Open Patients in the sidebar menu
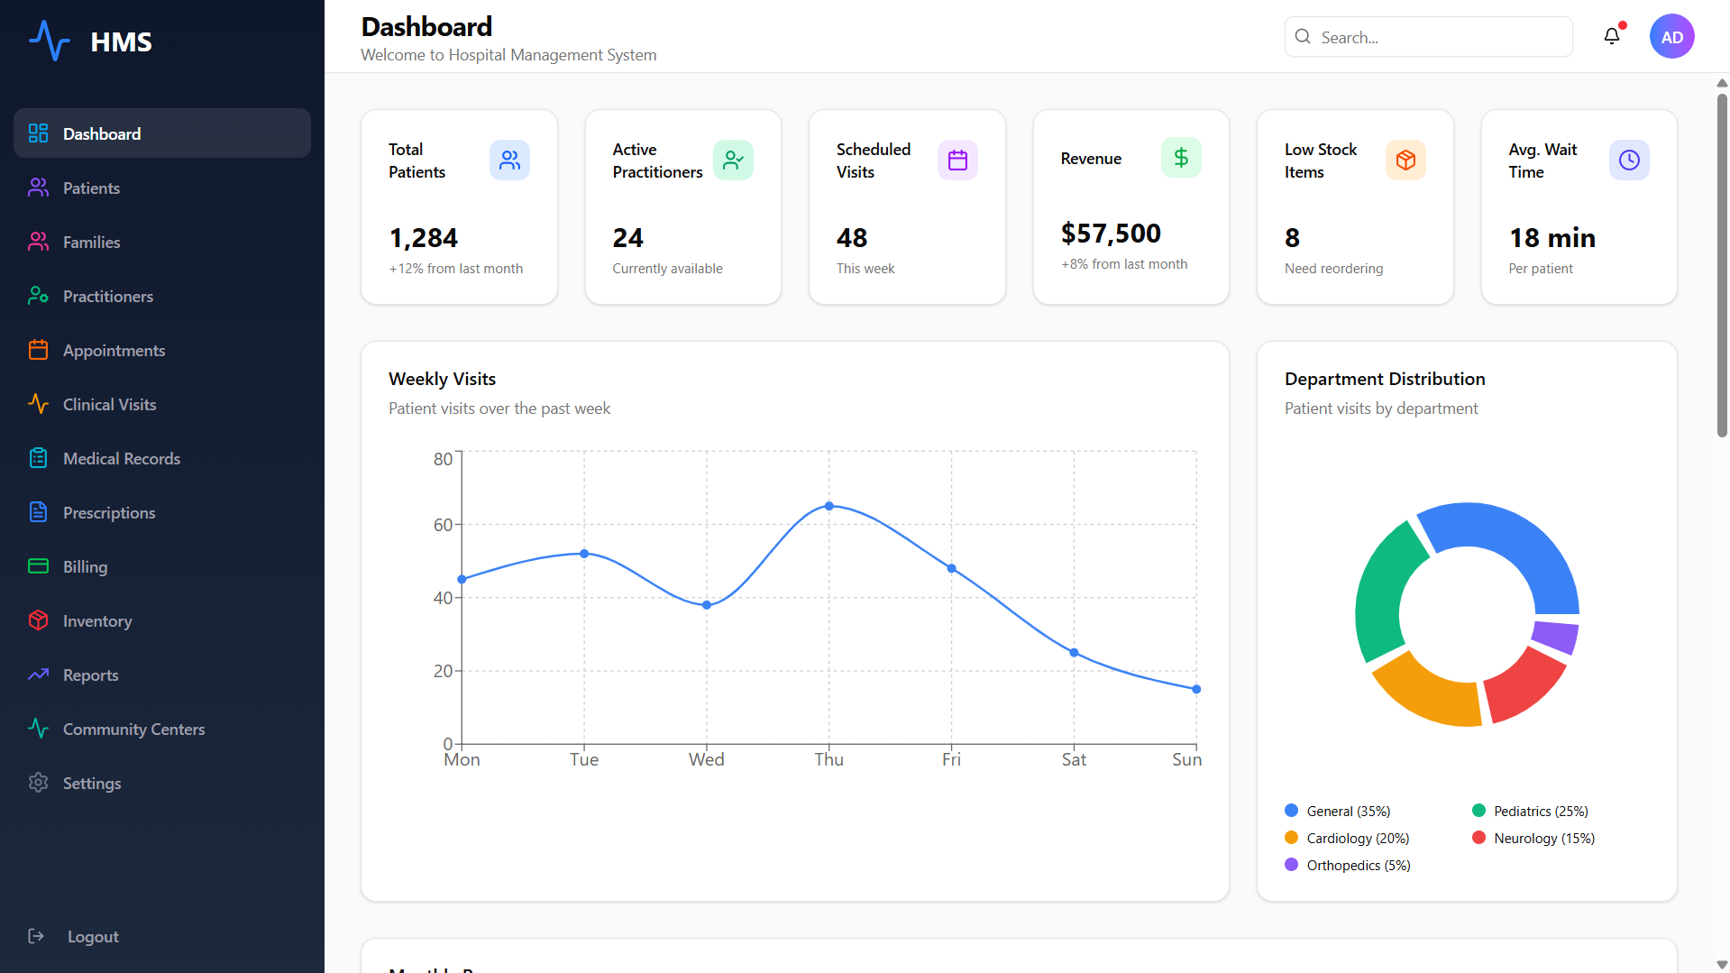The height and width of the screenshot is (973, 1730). (x=90, y=188)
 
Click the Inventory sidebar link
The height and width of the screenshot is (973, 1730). (x=96, y=620)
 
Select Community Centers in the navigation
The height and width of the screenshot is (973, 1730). (x=133, y=729)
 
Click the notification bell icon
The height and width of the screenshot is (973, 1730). (x=1612, y=36)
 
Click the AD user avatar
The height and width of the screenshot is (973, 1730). (x=1671, y=36)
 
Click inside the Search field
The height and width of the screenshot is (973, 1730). (x=1428, y=37)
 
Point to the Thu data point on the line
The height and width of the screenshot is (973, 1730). (x=829, y=506)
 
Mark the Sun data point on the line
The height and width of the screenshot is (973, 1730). (x=1196, y=689)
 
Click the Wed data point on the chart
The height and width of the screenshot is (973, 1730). (x=707, y=605)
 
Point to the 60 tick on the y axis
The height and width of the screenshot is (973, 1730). (x=443, y=525)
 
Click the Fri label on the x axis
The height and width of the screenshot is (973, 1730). (x=951, y=759)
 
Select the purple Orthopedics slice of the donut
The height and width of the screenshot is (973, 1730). (x=1556, y=637)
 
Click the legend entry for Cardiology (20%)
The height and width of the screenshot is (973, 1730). (x=1347, y=838)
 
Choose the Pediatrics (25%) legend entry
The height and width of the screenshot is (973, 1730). (x=1530, y=811)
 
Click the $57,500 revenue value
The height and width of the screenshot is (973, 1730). (x=1111, y=234)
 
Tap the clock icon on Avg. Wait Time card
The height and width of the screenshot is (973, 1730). (x=1629, y=160)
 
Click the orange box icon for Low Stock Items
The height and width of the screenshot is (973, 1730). (x=1405, y=160)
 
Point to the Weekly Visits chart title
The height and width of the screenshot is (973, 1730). (x=442, y=379)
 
